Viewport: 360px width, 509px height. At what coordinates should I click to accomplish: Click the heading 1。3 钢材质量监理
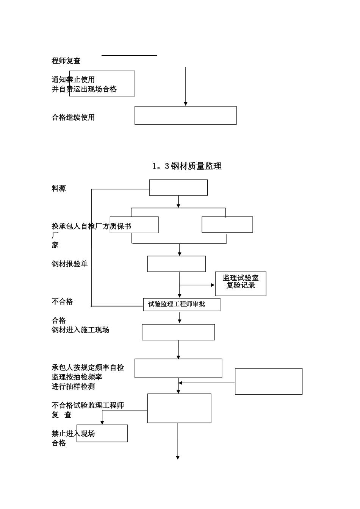187,166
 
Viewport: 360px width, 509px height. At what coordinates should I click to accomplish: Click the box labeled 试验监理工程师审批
182,304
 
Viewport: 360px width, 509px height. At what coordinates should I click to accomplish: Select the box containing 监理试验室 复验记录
241,284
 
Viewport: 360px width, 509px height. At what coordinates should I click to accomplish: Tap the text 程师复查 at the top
66,61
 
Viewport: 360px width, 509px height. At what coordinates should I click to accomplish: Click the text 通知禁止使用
73,80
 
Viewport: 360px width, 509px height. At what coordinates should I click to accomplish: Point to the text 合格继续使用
73,117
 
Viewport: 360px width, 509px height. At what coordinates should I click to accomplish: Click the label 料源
59,188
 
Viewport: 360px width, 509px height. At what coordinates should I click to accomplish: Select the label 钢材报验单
69,264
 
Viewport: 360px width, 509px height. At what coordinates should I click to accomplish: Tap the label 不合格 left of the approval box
62,301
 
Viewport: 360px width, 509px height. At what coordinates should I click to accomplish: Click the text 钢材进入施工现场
80,330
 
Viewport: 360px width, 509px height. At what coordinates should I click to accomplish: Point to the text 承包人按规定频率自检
88,367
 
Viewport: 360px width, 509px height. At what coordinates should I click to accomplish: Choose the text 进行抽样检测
73,386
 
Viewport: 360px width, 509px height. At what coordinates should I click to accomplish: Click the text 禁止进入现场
73,434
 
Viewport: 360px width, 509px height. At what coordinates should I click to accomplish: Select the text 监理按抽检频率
77,377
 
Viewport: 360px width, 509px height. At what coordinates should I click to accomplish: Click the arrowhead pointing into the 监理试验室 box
213,285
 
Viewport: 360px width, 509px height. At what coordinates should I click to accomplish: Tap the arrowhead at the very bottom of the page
178,457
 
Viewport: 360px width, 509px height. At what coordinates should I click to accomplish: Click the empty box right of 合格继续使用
186,115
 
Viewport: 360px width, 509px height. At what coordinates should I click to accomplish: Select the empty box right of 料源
178,187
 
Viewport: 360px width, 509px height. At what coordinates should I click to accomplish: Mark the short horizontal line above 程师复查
129,56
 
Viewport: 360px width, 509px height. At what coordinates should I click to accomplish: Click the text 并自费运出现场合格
84,89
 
